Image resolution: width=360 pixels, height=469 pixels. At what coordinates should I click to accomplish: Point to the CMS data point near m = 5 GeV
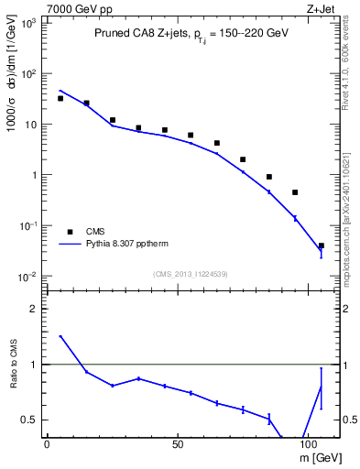(60, 98)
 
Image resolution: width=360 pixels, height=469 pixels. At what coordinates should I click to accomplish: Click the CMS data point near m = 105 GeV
(321, 245)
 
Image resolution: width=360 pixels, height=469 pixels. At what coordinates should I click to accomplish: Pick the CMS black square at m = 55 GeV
(191, 135)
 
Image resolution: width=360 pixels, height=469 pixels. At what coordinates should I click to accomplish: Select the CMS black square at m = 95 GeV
(295, 192)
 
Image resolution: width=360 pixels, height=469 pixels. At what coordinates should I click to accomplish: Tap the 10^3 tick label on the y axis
(28, 23)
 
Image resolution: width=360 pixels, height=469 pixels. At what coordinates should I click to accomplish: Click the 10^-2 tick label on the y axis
(28, 277)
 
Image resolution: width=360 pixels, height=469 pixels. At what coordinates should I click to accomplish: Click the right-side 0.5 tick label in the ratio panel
(348, 420)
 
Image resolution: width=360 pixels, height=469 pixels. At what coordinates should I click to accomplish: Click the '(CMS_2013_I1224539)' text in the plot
(192, 272)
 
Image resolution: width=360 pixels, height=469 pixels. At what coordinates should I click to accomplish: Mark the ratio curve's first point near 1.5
(60, 336)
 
